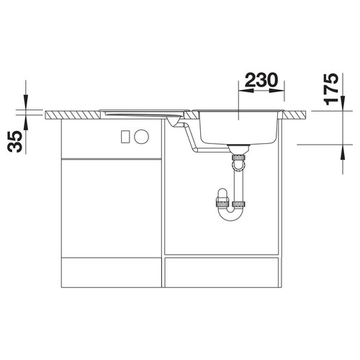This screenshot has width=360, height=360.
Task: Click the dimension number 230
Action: [x=261, y=80]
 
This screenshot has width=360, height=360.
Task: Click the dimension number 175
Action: [x=331, y=89]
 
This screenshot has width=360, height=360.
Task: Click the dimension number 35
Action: [x=14, y=142]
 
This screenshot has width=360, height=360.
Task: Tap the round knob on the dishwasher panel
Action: [x=141, y=137]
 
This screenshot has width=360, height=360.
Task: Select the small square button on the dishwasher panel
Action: [x=125, y=137]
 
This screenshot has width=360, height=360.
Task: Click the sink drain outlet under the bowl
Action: [x=238, y=149]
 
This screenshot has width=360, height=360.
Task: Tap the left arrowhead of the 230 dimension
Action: [x=246, y=91]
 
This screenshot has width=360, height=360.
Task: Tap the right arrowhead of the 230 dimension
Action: [x=277, y=91]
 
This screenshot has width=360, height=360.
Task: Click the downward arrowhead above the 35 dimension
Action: [x=25, y=102]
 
